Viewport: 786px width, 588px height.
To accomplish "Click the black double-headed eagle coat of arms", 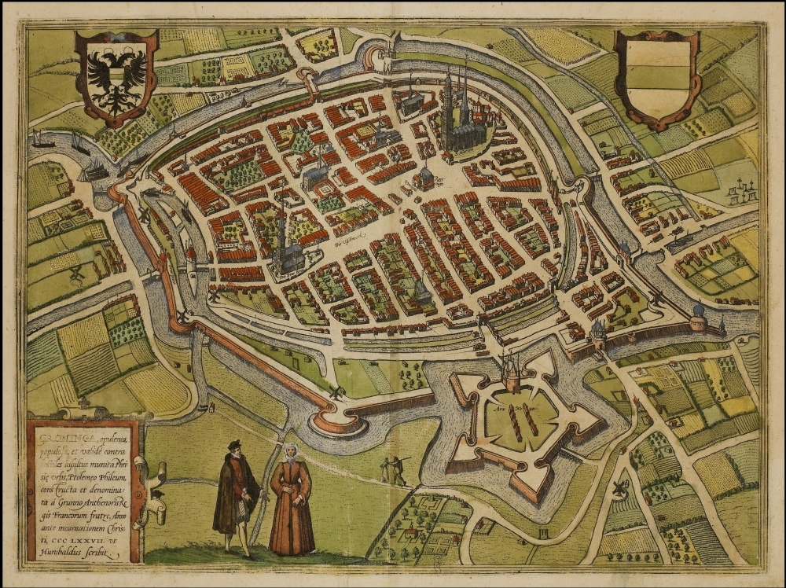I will coord(116,76).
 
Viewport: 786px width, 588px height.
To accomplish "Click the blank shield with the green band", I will coord(656,77).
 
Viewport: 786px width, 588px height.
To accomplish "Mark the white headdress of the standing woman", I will coord(290,451).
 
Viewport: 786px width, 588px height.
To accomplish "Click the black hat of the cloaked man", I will coord(233,446).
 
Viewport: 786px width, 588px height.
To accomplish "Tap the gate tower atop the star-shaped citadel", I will coord(512,373).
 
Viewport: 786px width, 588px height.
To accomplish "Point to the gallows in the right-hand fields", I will coord(739,190).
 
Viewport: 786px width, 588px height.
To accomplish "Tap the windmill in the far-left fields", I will coord(76,274).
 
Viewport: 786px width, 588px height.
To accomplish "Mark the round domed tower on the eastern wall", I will coord(698,316).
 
